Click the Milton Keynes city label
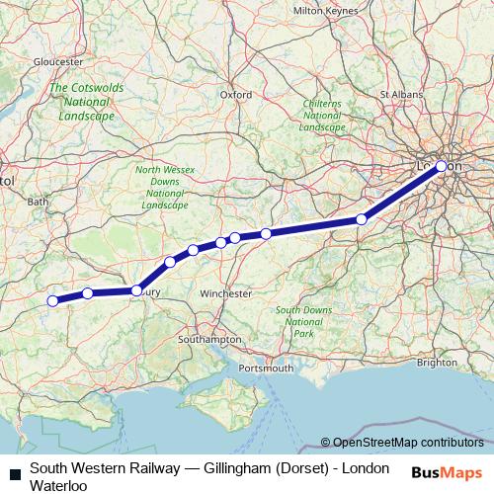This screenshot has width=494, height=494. tap(323, 10)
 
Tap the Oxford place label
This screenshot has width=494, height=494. tap(236, 95)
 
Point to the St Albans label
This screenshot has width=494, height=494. tap(401, 95)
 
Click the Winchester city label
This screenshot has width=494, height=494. tap(225, 294)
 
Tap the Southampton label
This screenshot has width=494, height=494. tap(209, 339)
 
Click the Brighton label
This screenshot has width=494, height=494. tap(438, 363)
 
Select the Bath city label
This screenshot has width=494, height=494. tap(39, 202)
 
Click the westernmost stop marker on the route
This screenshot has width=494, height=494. tap(52, 301)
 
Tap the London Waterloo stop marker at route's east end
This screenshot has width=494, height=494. tap(442, 167)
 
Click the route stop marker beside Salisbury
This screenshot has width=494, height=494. tap(137, 290)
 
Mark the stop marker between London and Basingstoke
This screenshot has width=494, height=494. tap(363, 219)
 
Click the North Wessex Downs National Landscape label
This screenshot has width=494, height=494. tap(165, 188)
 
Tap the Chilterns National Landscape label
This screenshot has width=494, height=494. tap(322, 115)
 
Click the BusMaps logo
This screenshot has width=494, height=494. tap(447, 473)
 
